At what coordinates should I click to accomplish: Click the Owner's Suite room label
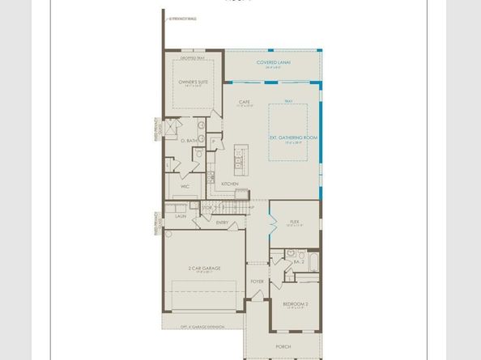(193, 82)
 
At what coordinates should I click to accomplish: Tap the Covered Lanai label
(274, 61)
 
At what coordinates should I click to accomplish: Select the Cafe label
(245, 102)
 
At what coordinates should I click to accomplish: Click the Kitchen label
(230, 184)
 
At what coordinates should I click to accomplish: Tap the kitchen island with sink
(239, 160)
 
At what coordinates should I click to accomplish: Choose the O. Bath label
(189, 141)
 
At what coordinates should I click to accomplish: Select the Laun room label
(180, 216)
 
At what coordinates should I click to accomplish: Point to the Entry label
(222, 222)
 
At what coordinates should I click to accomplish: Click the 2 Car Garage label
(205, 268)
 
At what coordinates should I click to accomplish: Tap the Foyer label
(258, 282)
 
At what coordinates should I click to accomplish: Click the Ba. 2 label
(299, 261)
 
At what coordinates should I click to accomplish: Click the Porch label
(284, 346)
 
